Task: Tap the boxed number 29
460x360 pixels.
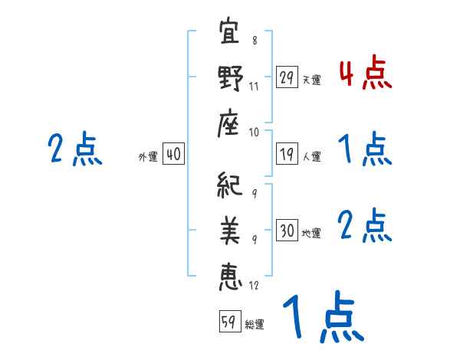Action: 287,77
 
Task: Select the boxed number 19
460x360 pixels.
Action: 287,154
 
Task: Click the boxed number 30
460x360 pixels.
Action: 287,231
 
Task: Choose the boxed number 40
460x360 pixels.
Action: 173,154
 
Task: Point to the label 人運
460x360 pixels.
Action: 311,156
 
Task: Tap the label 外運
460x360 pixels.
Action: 148,156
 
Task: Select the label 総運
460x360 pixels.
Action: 255,325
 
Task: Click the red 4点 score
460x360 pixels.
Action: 365,74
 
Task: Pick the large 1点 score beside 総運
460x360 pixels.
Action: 322,318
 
